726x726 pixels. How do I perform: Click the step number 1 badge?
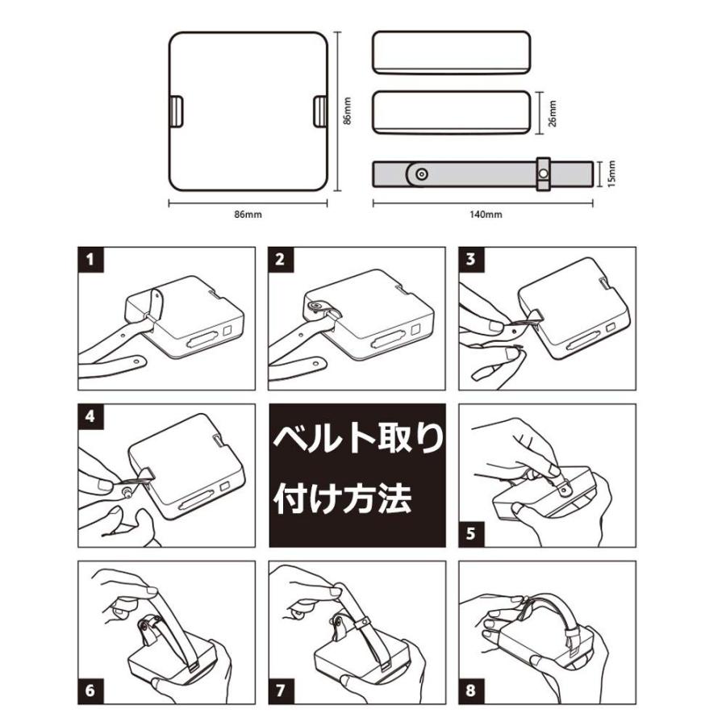click(x=91, y=260)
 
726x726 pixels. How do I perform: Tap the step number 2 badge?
click(x=281, y=260)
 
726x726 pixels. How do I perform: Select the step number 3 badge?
click(x=471, y=260)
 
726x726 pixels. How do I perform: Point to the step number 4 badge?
click(x=91, y=417)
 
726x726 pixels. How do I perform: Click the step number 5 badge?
click(x=471, y=534)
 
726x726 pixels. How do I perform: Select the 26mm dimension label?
click(x=553, y=114)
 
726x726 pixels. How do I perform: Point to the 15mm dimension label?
click(x=612, y=174)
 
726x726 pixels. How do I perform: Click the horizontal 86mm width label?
click(x=248, y=215)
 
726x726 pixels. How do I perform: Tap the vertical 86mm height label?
click(x=348, y=111)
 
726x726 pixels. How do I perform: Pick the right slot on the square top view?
click(x=320, y=111)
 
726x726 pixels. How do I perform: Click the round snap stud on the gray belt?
click(x=421, y=174)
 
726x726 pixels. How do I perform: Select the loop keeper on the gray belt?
click(x=544, y=174)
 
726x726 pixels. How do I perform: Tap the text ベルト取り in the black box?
click(x=358, y=438)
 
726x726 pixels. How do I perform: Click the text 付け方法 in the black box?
click(x=343, y=499)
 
